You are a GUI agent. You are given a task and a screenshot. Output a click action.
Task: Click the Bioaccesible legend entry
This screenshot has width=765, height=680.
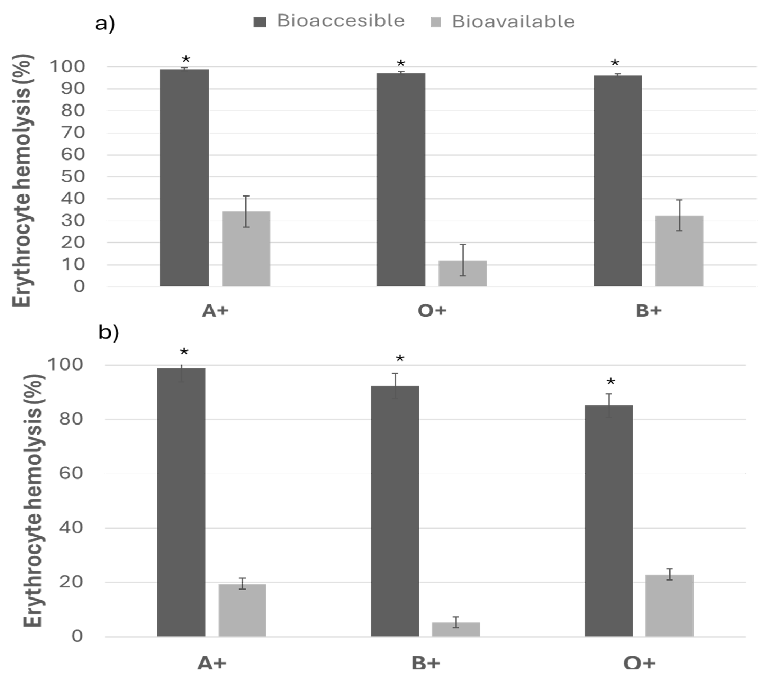click(329, 21)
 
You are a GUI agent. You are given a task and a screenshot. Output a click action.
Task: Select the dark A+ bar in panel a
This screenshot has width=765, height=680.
click(184, 178)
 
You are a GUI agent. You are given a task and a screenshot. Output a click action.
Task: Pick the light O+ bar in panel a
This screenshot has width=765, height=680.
click(463, 273)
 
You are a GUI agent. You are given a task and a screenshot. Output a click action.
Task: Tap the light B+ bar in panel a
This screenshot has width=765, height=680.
click(679, 251)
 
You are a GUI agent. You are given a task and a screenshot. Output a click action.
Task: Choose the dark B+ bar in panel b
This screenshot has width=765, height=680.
click(395, 511)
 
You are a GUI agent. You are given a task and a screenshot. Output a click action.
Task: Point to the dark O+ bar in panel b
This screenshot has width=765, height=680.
click(609, 521)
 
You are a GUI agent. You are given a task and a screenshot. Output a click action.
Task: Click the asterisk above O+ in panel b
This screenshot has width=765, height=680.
click(611, 382)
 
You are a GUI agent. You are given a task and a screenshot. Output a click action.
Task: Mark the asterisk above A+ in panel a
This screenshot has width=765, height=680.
click(186, 60)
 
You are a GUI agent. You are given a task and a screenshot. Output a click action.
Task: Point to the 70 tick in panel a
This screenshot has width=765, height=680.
click(73, 133)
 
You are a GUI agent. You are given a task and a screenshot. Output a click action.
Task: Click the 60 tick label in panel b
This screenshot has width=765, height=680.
click(71, 473)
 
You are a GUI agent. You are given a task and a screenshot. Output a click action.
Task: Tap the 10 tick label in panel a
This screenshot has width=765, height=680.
click(73, 264)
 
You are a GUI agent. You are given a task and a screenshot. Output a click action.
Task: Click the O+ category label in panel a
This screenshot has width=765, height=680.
click(432, 311)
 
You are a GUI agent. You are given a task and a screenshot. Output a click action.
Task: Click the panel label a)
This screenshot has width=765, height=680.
click(105, 24)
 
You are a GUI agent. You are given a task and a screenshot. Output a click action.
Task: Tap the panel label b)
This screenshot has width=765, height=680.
click(108, 332)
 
